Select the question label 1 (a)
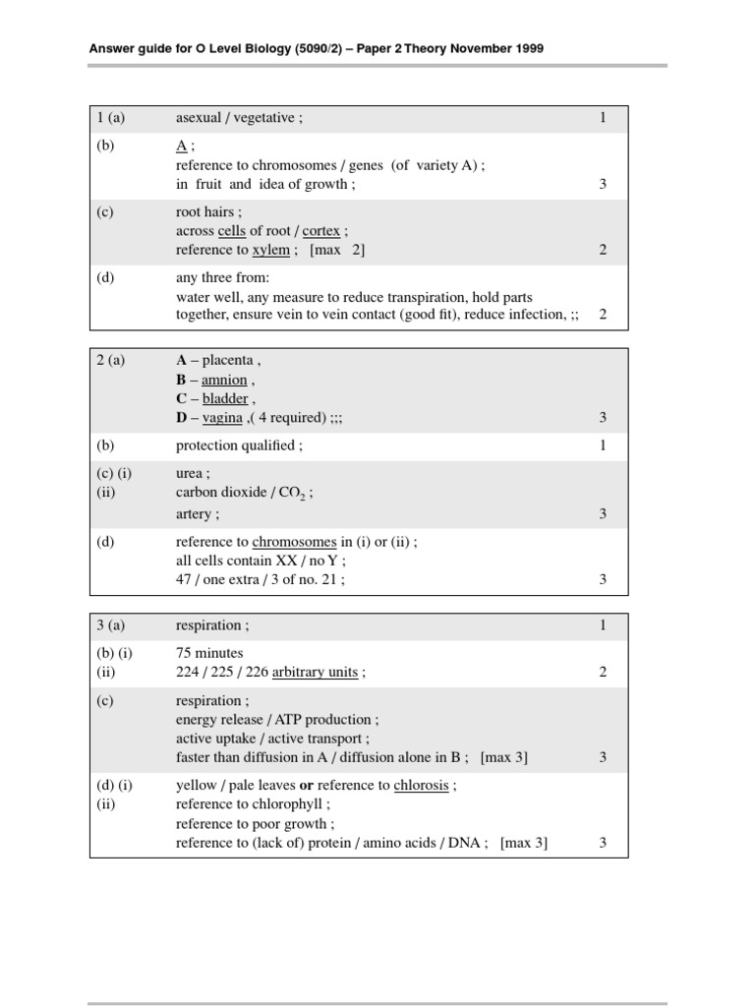coord(111,118)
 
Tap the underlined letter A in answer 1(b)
coord(181,147)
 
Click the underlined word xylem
coord(271,250)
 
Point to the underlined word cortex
coord(321,231)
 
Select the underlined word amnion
coord(224,380)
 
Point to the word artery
coord(194,513)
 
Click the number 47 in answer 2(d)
coord(184,579)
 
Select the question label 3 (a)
coord(111,625)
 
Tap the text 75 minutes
coord(209,653)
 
